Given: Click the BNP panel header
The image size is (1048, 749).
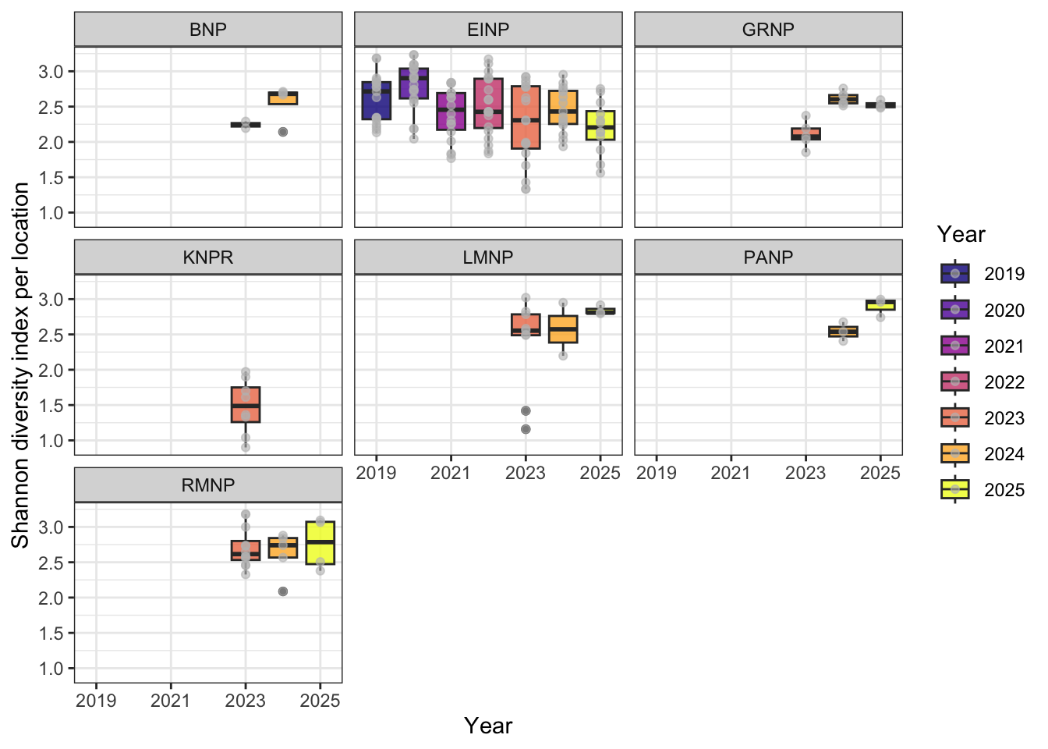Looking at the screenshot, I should [x=208, y=30].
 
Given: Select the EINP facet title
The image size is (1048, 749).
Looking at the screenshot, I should [x=488, y=30].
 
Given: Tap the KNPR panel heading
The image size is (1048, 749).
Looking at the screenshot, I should [x=208, y=257].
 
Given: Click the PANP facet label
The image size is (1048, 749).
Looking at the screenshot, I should [x=768, y=257].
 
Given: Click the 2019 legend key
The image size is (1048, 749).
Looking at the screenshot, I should [x=955, y=274].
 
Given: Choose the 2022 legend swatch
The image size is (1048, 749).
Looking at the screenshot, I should [x=955, y=382].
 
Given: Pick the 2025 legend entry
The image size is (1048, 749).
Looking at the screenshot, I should [x=955, y=490].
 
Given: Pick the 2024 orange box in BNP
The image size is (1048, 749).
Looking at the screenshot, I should [x=283, y=98].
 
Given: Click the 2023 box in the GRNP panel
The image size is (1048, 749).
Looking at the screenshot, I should [x=805, y=134].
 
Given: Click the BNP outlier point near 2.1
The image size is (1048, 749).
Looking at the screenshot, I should [x=283, y=132].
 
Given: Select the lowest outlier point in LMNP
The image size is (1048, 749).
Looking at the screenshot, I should [x=526, y=429].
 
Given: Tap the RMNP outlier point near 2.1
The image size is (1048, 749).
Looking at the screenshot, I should [x=283, y=591].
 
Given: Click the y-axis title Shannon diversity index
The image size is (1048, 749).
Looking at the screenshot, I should [x=21, y=365].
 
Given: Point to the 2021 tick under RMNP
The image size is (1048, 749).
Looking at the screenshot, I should [x=171, y=701].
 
